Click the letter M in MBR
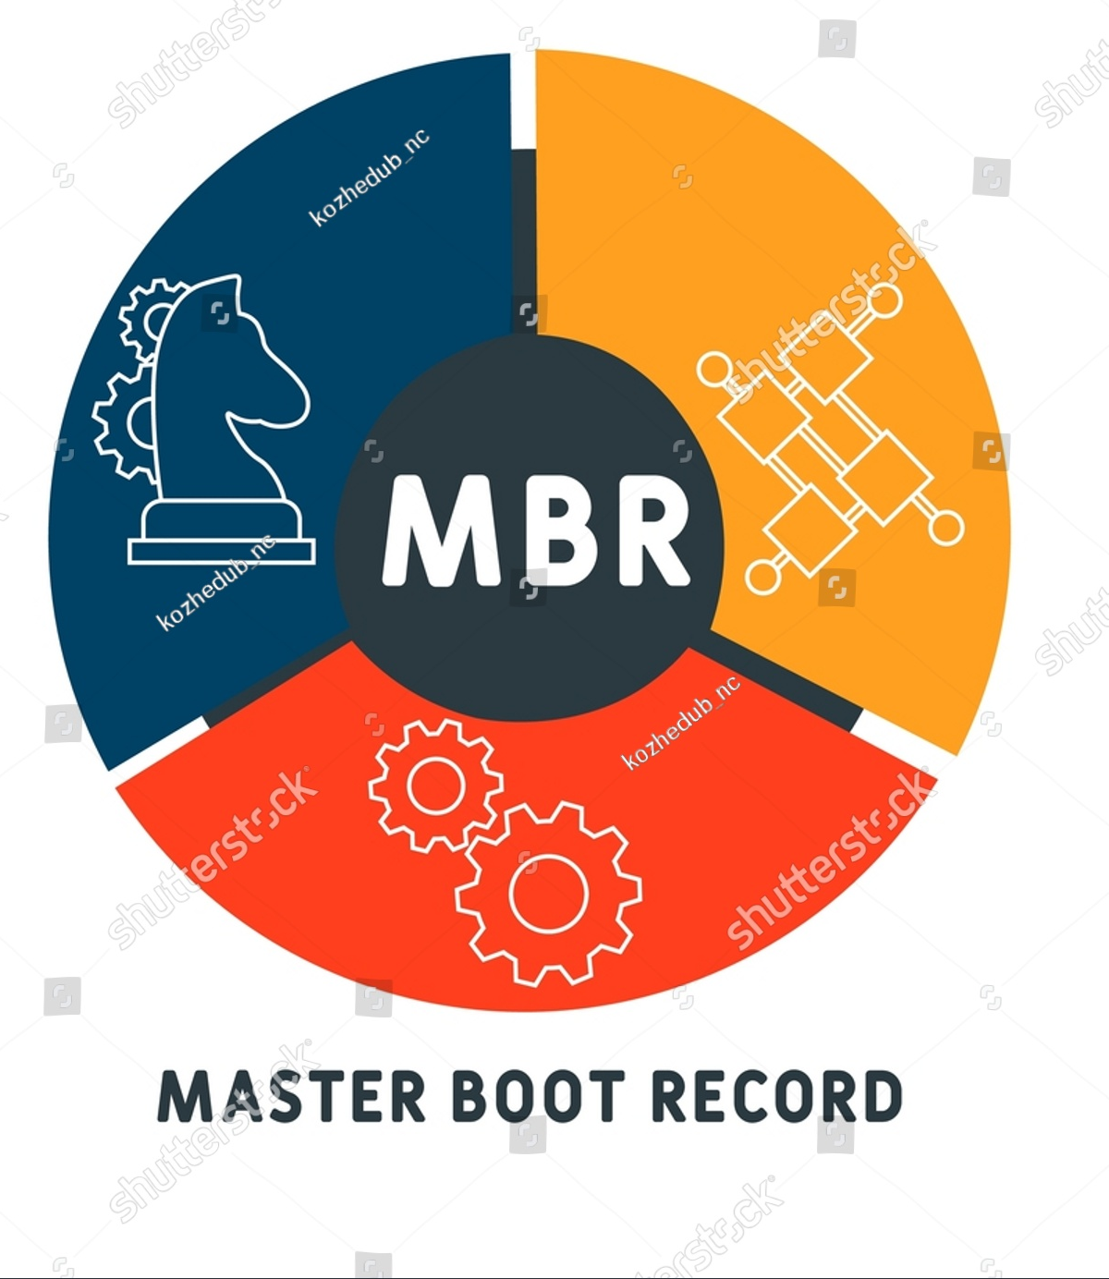[441, 530]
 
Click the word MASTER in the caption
[291, 1096]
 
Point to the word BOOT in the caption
[539, 1096]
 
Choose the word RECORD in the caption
[777, 1096]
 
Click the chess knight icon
[222, 420]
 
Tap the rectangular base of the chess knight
[222, 552]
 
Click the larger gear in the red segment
[548, 894]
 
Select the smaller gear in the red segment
[435, 786]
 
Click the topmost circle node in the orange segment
[885, 301]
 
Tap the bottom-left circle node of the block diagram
[763, 578]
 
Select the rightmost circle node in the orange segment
[946, 529]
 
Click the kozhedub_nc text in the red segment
[681, 723]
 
